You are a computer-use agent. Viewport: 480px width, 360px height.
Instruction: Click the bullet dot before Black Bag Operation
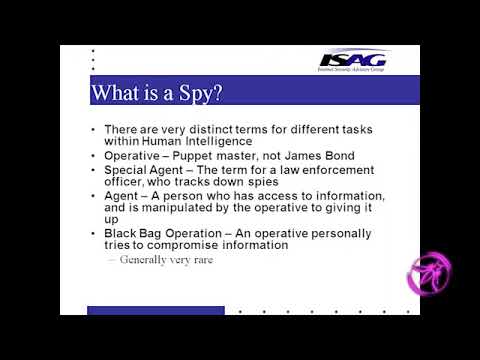point(93,233)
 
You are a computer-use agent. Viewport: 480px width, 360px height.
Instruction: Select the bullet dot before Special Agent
point(93,170)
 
